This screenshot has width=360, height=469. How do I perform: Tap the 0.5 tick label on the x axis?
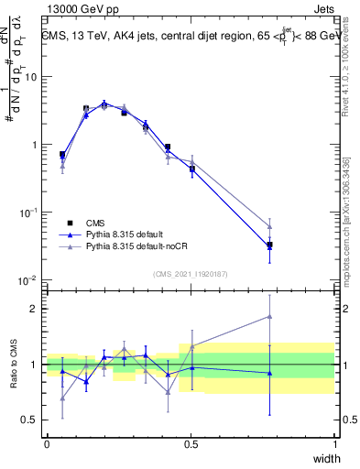tap(191, 444)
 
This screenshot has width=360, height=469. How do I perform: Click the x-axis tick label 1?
tap(334, 444)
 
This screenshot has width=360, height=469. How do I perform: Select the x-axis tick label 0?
tap(48, 444)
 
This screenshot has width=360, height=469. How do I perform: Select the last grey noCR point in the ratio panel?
tap(269, 316)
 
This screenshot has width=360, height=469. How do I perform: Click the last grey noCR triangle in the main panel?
tap(269, 226)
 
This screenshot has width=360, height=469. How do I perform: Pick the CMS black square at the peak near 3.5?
tap(86, 108)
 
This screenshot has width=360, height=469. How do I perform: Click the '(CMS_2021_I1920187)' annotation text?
tap(191, 273)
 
